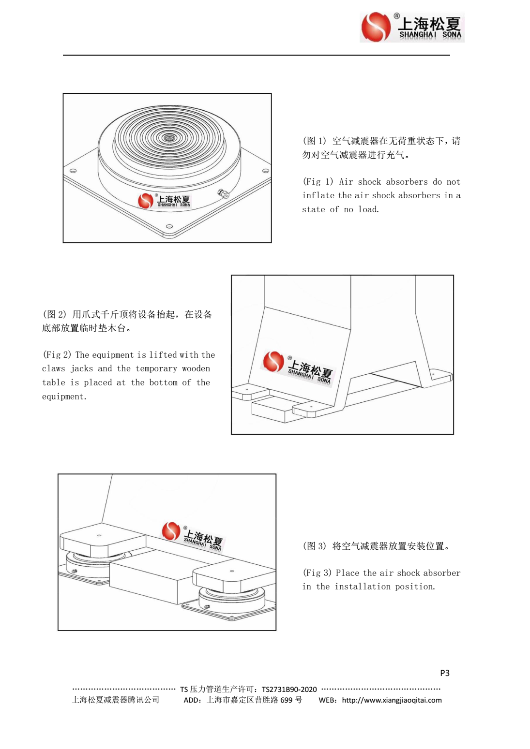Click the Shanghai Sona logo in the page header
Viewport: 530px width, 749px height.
(412, 27)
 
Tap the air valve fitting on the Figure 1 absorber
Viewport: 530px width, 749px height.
(223, 194)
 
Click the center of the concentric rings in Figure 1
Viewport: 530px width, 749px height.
(169, 138)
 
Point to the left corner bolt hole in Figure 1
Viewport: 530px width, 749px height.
(73, 171)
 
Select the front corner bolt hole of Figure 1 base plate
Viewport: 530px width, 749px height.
(169, 226)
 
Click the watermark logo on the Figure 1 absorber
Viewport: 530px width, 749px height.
(165, 201)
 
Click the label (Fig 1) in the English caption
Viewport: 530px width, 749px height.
(318, 182)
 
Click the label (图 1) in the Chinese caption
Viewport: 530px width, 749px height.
(315, 141)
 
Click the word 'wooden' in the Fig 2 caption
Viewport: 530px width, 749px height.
(196, 368)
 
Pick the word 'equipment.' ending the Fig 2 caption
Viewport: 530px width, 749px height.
(64, 397)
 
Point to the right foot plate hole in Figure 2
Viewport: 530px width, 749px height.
(433, 374)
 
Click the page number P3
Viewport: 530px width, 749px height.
(445, 673)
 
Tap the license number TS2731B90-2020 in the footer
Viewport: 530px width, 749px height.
(289, 690)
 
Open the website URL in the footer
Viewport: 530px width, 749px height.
(392, 700)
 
